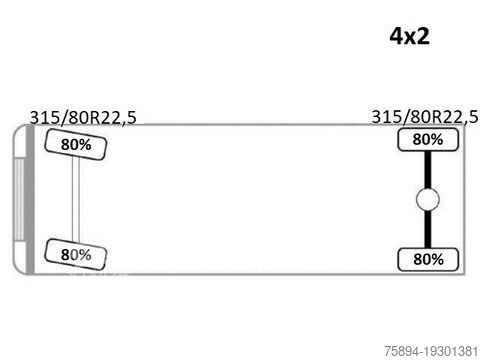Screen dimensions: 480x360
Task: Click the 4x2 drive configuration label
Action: pyautogui.click(x=410, y=36)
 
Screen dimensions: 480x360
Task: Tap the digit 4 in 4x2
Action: pyautogui.click(x=397, y=36)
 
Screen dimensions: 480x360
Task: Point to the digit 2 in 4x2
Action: pyautogui.click(x=423, y=36)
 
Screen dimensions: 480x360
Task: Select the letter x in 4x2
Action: pyautogui.click(x=410, y=38)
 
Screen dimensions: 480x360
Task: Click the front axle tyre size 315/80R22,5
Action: pyautogui.click(x=83, y=118)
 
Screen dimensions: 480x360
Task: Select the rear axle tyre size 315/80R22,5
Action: pyautogui.click(x=425, y=117)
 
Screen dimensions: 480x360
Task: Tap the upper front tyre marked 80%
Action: pyautogui.click(x=76, y=145)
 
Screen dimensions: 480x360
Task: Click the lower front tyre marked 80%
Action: pyautogui.click(x=76, y=255)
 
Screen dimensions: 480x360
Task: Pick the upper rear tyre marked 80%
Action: pyautogui.click(x=428, y=139)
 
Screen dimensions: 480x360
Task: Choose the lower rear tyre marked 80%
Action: pyautogui.click(x=428, y=259)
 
